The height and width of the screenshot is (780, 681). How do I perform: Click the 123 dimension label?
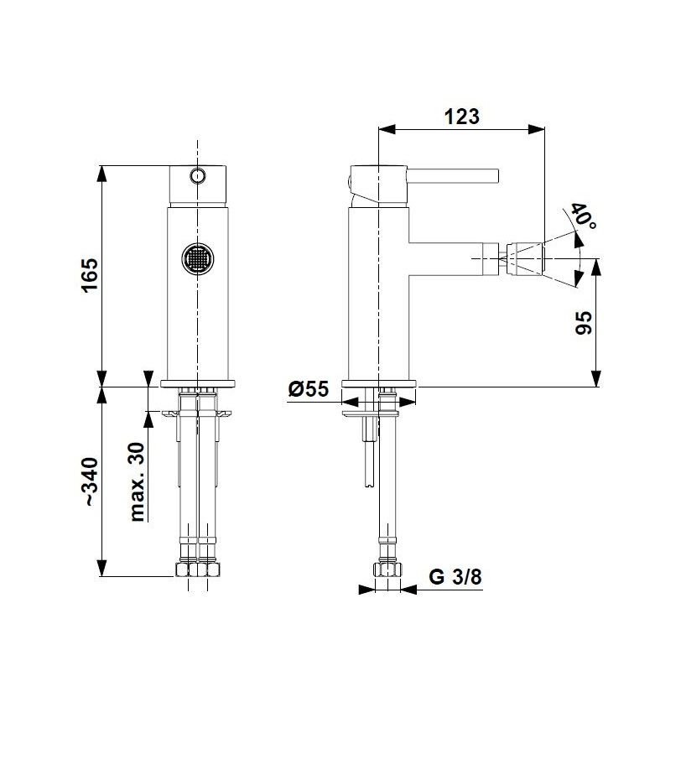(x=461, y=117)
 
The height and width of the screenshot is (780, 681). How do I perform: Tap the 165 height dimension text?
(x=90, y=276)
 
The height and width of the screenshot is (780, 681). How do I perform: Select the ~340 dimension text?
(x=91, y=482)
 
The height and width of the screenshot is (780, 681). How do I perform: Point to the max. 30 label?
(x=137, y=482)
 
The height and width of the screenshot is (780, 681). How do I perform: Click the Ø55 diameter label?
(x=309, y=389)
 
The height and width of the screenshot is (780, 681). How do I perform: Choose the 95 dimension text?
(x=584, y=323)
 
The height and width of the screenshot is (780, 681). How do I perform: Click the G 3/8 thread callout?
(x=455, y=577)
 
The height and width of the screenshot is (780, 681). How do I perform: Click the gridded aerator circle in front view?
(x=197, y=258)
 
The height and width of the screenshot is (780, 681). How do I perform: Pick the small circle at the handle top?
(x=197, y=175)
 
